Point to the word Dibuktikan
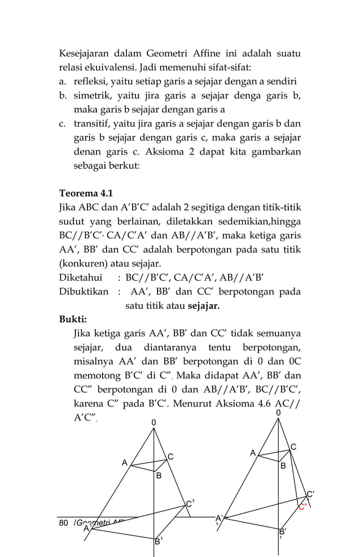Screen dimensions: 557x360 [x=84, y=292]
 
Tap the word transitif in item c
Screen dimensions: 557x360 [x=93, y=123]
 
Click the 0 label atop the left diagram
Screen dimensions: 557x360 [x=154, y=422]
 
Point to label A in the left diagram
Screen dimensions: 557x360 [x=125, y=463]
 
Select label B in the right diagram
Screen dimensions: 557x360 [x=283, y=466]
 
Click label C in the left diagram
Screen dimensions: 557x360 [x=170, y=456]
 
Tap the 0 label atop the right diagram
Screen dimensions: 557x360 [x=278, y=413]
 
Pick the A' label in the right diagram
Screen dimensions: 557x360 [x=219, y=518]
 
